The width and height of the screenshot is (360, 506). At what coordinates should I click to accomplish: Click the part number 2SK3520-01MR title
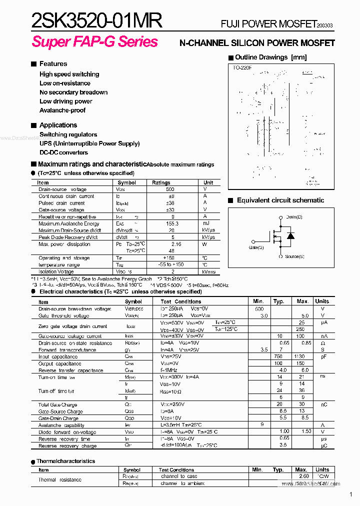(96, 21)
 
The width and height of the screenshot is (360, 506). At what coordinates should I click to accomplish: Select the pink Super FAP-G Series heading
(94, 42)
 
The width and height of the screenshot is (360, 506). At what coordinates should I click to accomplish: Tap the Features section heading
(53, 63)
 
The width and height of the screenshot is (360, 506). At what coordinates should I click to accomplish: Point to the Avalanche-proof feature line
(62, 110)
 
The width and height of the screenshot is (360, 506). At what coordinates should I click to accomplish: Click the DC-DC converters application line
(63, 152)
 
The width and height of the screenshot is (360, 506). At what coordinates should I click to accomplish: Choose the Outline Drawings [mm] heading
(270, 57)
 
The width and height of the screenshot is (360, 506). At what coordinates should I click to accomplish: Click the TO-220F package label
(242, 67)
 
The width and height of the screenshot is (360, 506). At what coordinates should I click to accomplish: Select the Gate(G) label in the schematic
(256, 247)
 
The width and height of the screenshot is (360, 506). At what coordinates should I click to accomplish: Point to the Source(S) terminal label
(294, 256)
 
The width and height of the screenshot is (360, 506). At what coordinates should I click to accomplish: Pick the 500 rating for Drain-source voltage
(170, 189)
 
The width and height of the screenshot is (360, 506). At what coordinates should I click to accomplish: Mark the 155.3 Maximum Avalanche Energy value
(172, 224)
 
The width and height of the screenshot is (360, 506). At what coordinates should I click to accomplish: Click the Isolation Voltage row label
(56, 271)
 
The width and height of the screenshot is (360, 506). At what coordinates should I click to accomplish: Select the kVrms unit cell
(208, 271)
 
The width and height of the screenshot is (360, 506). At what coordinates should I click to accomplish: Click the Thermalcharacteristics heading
(65, 461)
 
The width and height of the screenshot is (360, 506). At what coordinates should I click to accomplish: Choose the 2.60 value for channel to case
(303, 476)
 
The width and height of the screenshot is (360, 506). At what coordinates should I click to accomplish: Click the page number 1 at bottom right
(351, 494)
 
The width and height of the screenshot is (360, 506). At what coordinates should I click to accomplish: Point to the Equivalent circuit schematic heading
(280, 200)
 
